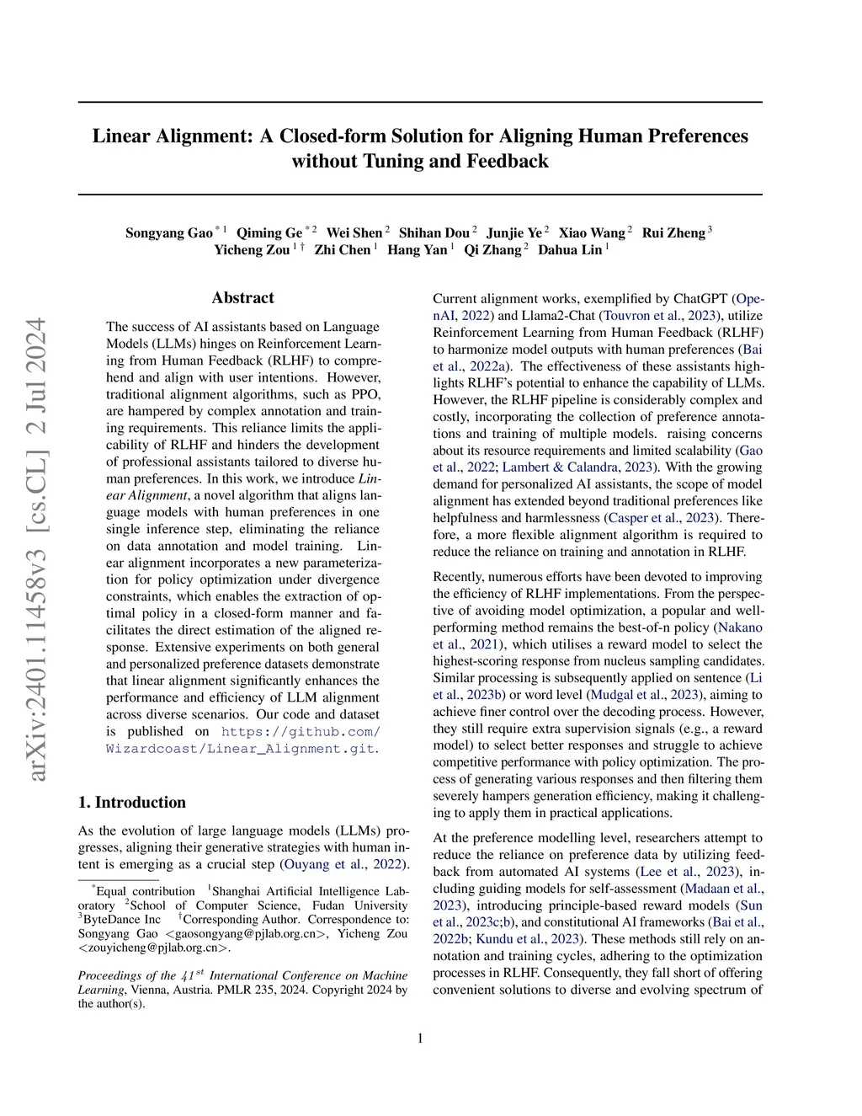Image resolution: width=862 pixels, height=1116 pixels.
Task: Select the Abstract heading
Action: (x=242, y=297)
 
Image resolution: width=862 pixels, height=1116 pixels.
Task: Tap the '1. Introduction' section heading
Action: (x=131, y=802)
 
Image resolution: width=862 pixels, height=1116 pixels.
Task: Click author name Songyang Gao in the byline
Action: (x=168, y=233)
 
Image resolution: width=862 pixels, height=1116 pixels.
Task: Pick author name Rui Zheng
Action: (x=673, y=233)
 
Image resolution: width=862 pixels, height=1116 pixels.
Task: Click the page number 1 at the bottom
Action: (x=420, y=1038)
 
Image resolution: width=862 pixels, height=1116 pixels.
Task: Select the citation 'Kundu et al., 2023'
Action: (x=529, y=939)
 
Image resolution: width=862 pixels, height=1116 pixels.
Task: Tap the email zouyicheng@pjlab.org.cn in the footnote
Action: (x=153, y=948)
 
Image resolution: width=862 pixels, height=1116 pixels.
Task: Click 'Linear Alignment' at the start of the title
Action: (x=173, y=136)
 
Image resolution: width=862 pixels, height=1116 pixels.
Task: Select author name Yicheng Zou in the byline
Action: (x=252, y=250)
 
